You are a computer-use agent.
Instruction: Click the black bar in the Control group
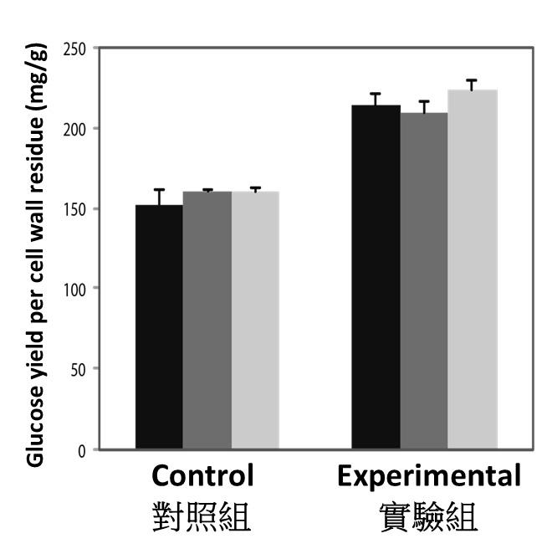click(x=159, y=326)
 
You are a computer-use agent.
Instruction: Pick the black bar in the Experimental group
click(x=376, y=277)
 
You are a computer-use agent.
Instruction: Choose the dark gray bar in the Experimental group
click(x=424, y=281)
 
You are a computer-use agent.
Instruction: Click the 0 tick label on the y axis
click(x=83, y=450)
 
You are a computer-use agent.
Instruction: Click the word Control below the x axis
click(x=203, y=477)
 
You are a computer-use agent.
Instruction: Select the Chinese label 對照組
click(x=203, y=517)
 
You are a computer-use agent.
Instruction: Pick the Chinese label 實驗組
click(x=429, y=517)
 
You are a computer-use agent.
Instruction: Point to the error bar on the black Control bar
click(x=159, y=197)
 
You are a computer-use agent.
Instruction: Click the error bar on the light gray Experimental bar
click(x=473, y=85)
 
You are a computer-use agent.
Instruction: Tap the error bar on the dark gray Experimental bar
click(x=424, y=106)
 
